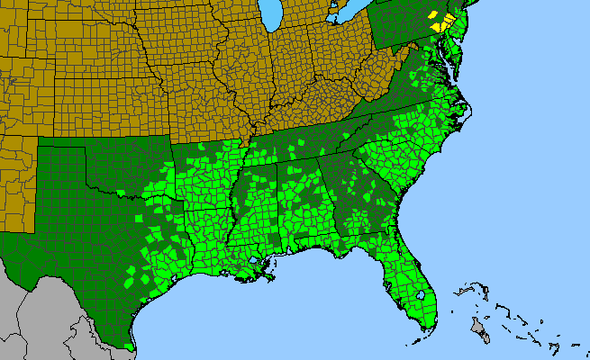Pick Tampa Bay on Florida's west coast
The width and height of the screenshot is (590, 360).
coord(389,288)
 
